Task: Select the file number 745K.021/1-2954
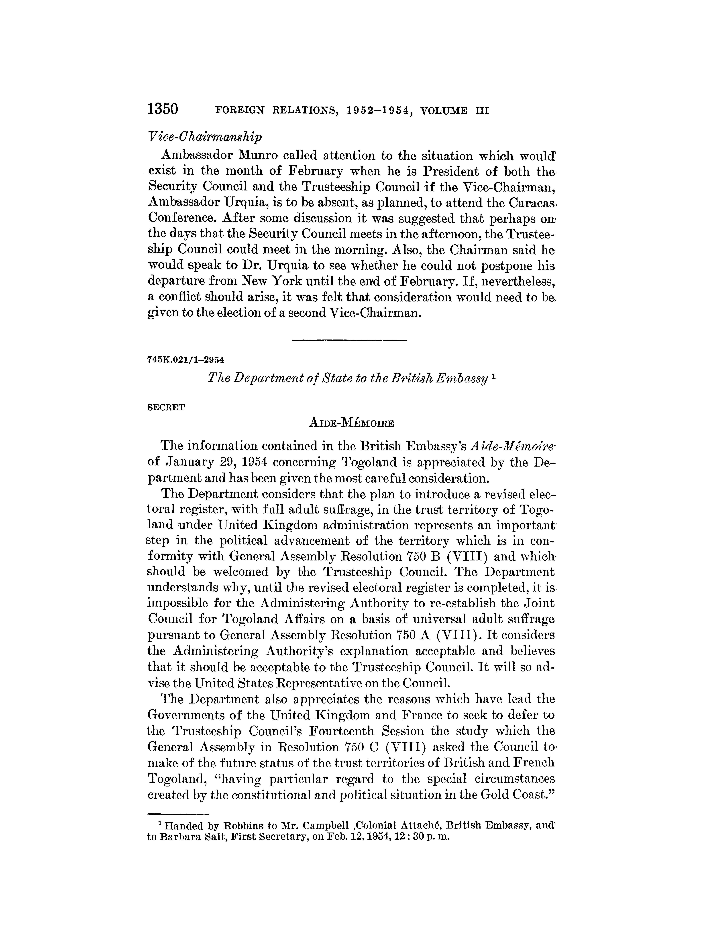click(x=185, y=359)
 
